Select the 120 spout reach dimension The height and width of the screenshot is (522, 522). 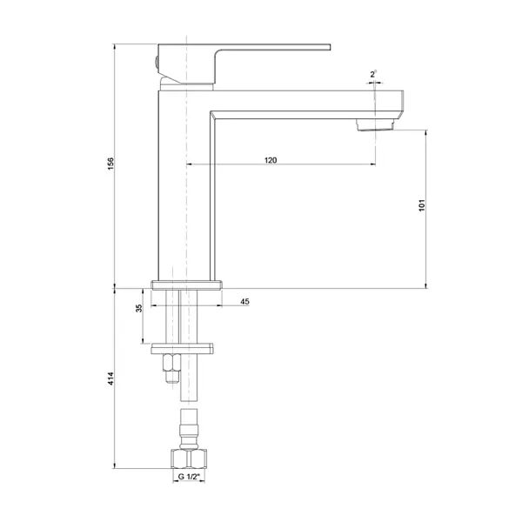[271, 159]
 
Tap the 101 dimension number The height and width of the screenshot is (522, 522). [420, 208]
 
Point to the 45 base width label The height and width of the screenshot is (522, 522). [244, 301]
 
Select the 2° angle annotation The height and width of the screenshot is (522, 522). [372, 76]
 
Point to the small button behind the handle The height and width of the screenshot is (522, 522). [154, 61]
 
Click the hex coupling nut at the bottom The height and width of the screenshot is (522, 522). [188, 459]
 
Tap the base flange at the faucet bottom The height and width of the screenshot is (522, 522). [187, 284]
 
